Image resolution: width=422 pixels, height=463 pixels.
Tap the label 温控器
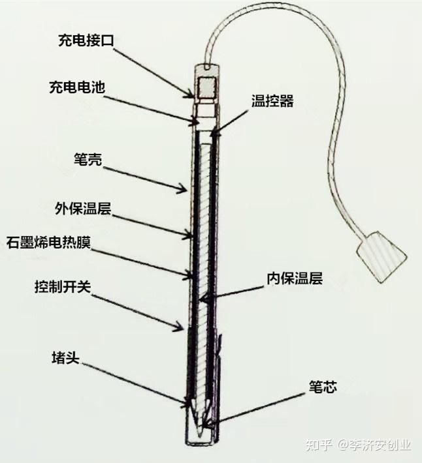pos(272,101)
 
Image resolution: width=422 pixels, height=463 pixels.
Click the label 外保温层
pos(83,209)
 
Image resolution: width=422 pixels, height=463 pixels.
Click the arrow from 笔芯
pos(261,408)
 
